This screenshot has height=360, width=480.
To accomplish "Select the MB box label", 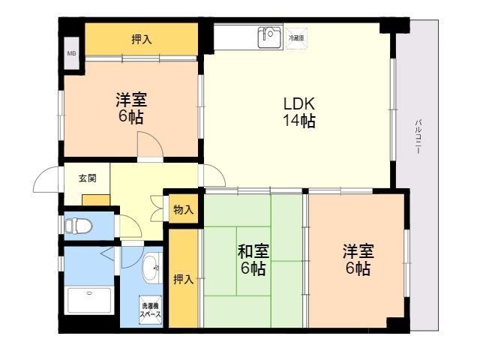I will [x=72, y=53].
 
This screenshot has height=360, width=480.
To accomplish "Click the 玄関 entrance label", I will [x=87, y=178].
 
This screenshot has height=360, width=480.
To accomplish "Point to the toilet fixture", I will [x=78, y=224].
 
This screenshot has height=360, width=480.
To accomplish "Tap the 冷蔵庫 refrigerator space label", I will [x=297, y=36].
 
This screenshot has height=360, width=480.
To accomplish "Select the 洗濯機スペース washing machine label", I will [x=150, y=310].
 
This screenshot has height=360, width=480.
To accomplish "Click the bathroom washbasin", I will [x=152, y=268].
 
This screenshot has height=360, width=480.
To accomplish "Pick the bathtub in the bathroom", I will [x=88, y=301].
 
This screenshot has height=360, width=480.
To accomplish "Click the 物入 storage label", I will [x=183, y=209].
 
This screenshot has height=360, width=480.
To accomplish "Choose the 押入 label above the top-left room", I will [x=141, y=39].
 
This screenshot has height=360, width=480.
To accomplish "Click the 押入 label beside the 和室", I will [x=183, y=280].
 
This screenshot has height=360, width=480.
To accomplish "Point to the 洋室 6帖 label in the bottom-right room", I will [x=357, y=259].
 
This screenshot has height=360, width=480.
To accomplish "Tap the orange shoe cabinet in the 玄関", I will [x=96, y=199].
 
